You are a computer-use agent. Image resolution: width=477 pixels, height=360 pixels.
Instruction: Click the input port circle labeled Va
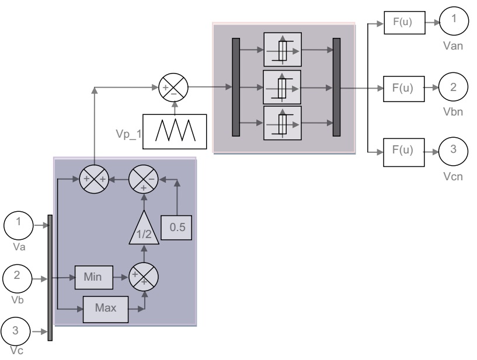[18, 223]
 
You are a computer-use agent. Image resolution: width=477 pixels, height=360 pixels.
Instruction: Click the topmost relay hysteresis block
[282, 50]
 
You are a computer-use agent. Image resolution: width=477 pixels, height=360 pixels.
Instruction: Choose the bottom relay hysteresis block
[282, 123]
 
